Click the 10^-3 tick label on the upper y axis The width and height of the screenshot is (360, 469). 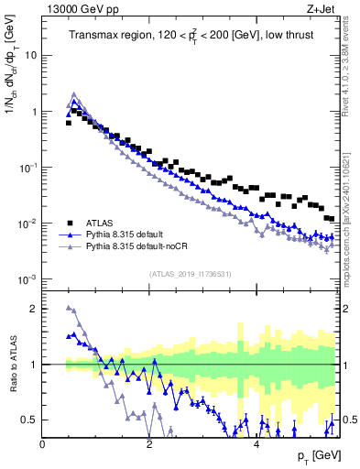(27, 279)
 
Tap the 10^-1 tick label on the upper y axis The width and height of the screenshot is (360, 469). (27, 168)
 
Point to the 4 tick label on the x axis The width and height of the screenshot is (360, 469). (256, 444)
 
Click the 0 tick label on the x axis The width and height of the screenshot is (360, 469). (43, 444)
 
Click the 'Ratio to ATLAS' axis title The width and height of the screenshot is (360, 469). (11, 365)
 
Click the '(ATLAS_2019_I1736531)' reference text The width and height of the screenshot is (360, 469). (190, 274)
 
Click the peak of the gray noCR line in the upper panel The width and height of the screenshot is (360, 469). (74, 93)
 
